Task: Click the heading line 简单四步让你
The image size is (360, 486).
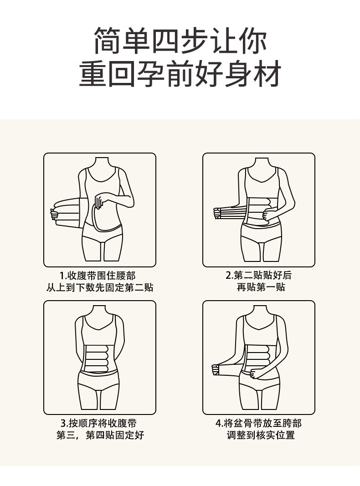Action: (180, 41)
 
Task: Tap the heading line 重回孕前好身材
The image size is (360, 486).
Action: (180, 74)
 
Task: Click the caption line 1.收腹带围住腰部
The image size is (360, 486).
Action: (98, 276)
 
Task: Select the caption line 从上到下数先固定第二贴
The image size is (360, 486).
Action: (100, 287)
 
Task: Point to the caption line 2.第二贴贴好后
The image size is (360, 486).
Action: (258, 275)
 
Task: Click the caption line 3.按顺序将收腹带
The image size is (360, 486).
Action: (98, 423)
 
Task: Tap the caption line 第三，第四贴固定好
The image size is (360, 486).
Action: (100, 435)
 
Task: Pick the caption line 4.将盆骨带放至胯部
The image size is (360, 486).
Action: (258, 423)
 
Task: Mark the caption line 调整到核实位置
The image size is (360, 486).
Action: (261, 435)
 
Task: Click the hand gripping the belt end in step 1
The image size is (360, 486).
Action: (54, 215)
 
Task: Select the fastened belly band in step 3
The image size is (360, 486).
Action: (99, 358)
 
